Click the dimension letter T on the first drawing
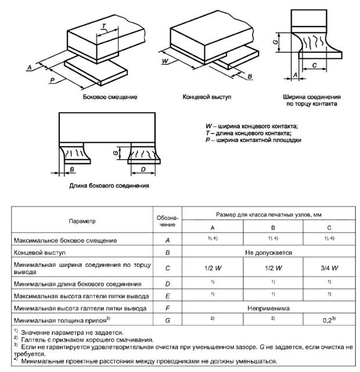[x=104, y=26]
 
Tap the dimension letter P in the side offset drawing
[x=53, y=80]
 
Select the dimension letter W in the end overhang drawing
[x=165, y=61]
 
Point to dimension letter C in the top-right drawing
[x=315, y=65]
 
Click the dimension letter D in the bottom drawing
[x=143, y=169]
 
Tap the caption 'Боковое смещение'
[x=110, y=97]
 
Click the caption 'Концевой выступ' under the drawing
[x=207, y=97]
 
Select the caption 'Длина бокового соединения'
[x=109, y=186]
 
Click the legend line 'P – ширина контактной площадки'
[x=253, y=140]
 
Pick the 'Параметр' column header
[x=82, y=221]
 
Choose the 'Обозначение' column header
[x=167, y=221]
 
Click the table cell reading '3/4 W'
[x=329, y=268]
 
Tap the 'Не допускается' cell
[x=269, y=252]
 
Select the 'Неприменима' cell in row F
[x=269, y=308]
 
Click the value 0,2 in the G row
[x=327, y=320]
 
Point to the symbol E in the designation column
[x=168, y=296]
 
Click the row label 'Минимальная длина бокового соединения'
[x=78, y=284]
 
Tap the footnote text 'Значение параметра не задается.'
[x=73, y=333]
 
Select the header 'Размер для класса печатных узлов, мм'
[x=269, y=215]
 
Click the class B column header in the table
[x=273, y=227]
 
